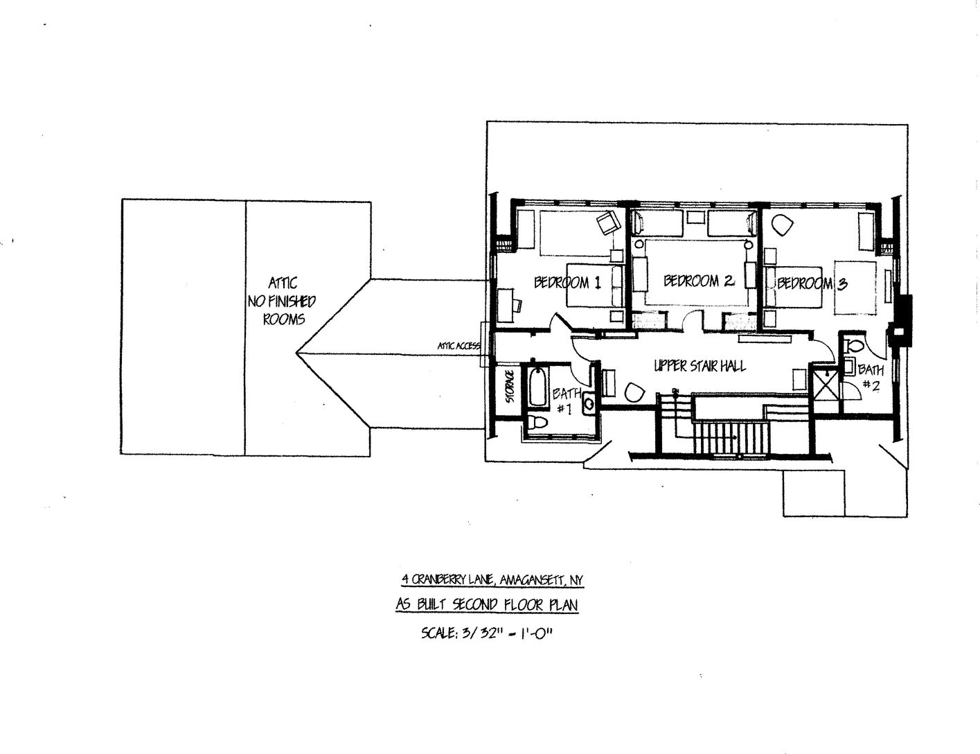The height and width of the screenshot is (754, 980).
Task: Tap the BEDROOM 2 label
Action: [x=698, y=281]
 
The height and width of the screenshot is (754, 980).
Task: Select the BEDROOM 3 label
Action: [x=811, y=283]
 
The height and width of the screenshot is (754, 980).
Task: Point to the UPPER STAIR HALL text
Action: [x=700, y=366]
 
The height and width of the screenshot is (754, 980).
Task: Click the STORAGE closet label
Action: [x=510, y=387]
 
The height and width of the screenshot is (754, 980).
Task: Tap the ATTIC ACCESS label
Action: [x=458, y=345]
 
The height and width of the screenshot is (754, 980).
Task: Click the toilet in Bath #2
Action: [x=854, y=344]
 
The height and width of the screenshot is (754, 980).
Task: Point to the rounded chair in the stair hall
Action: [x=634, y=392]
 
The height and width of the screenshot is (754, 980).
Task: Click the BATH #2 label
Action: [x=871, y=378]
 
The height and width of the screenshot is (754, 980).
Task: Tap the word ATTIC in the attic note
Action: [x=283, y=283]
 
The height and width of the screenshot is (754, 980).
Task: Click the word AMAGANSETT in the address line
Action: [x=531, y=580]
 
